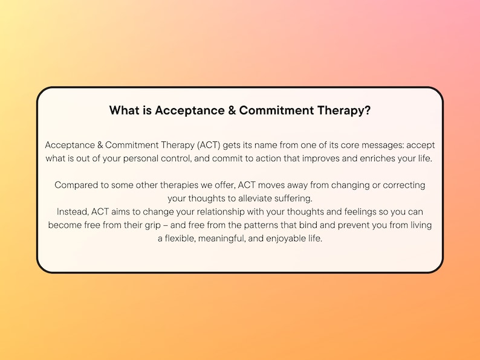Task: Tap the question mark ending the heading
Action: (x=368, y=111)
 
